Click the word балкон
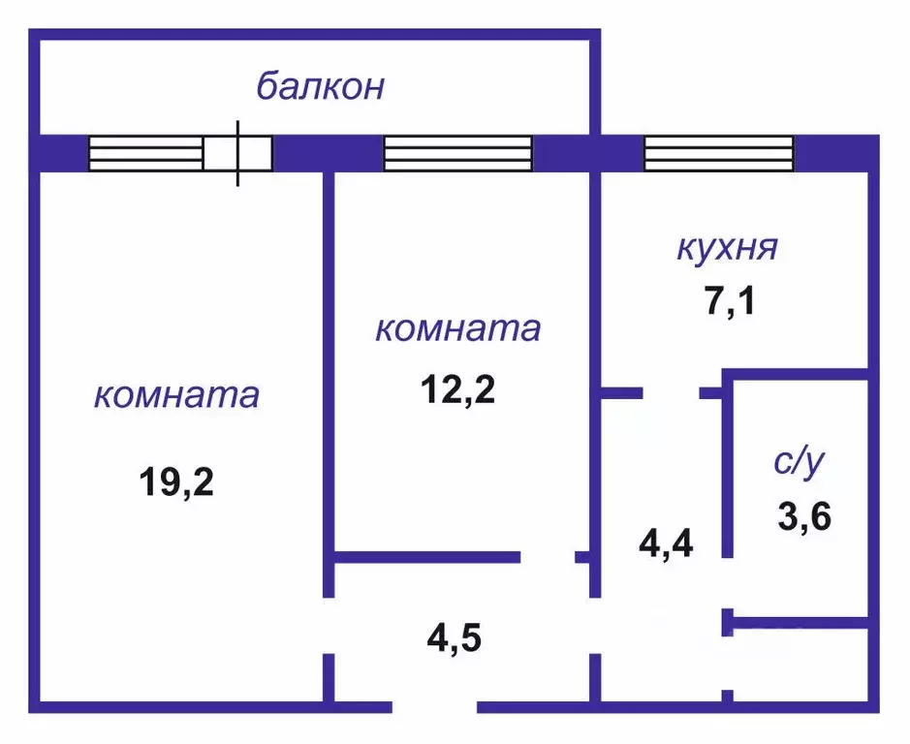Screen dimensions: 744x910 pos(320,86)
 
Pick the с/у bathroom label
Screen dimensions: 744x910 pos(800,461)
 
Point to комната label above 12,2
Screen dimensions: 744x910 pos(457,328)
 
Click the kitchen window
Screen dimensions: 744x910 pos(718,153)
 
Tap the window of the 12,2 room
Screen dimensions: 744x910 pos(458,153)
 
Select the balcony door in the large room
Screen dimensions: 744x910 pos(237,153)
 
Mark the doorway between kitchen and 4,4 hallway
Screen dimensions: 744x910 pos(671,392)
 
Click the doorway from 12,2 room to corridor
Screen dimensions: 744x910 pos(548,557)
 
